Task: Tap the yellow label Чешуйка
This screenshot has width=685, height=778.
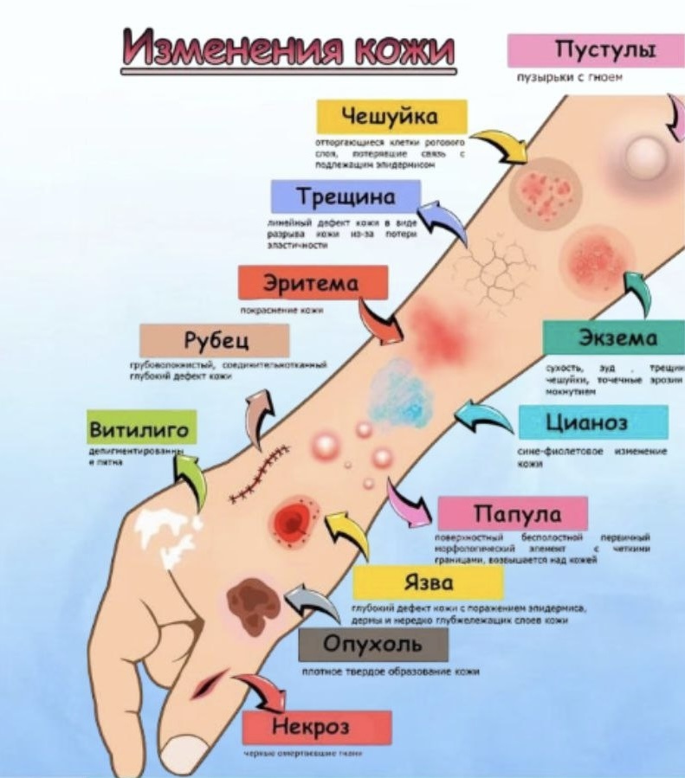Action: coord(391,117)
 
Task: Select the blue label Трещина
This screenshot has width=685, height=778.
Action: coord(346,196)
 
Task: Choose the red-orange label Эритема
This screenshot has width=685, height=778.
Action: coord(313,282)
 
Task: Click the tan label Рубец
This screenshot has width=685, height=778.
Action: coord(214,340)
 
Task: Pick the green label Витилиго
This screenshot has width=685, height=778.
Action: coord(142,428)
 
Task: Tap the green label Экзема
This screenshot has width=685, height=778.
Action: coord(613,338)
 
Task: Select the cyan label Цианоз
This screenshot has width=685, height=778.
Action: coord(593,423)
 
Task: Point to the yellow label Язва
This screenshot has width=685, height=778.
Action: coord(428,582)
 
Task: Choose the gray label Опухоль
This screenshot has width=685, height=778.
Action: coord(373,645)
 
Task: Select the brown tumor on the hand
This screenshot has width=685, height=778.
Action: coord(252,598)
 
